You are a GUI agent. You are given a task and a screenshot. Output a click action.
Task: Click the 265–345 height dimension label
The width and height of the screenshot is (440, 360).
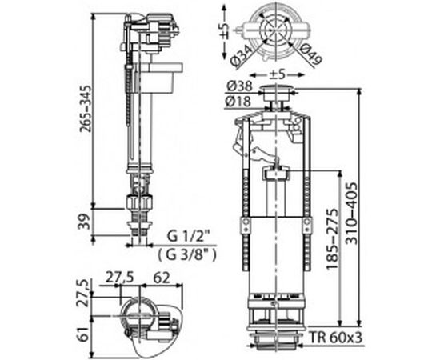click(85, 109)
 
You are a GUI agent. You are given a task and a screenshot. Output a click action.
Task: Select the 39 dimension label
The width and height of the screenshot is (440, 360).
click(84, 222)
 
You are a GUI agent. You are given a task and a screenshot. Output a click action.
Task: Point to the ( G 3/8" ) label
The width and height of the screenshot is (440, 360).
click(187, 254)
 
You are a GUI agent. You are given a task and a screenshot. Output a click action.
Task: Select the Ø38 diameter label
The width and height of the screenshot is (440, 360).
click(239, 86)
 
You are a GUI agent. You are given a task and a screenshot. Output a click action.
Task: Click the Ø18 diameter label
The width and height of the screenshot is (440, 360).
click(239, 102)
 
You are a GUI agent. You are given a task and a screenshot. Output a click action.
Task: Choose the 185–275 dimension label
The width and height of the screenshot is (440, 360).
click(333, 239)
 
